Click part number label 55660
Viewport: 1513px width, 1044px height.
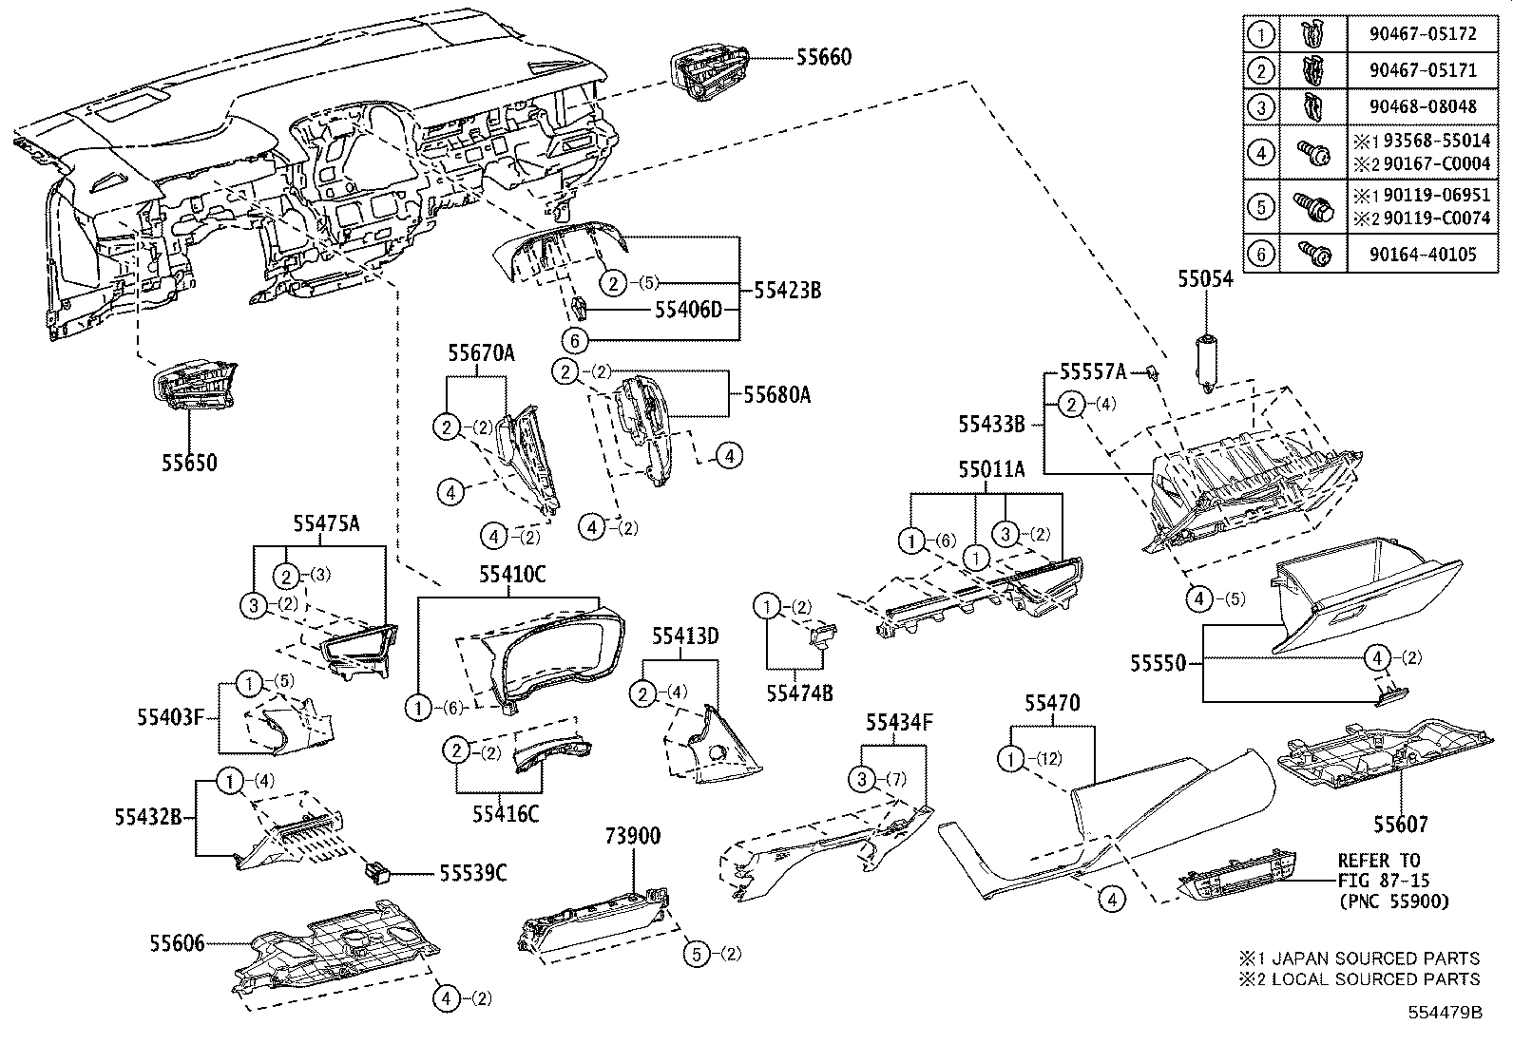(823, 58)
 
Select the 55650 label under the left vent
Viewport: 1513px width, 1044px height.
(188, 463)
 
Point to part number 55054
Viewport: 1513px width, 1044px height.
(1205, 279)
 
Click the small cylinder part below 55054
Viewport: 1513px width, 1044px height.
(1206, 361)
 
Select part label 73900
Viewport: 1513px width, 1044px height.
(633, 836)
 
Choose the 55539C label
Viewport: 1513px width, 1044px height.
(472, 872)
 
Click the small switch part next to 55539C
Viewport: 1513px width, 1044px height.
(378, 868)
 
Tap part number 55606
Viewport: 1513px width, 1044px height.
(177, 944)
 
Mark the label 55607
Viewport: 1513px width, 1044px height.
(1400, 825)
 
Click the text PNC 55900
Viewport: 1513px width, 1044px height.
(1393, 901)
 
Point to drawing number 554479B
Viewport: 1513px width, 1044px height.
(1445, 1012)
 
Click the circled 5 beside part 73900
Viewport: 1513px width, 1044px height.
(698, 954)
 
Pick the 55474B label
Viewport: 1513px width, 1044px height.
(801, 693)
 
